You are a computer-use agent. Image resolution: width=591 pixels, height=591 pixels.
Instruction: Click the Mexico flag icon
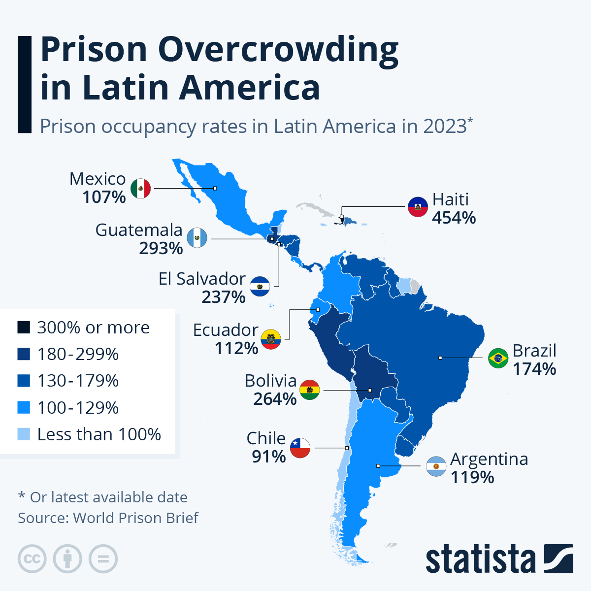[x=141, y=188]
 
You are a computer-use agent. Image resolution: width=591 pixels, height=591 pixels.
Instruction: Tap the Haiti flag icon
[x=418, y=207]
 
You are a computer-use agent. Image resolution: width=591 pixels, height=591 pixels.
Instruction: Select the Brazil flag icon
[x=498, y=358]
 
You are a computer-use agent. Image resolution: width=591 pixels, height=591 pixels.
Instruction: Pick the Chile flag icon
[x=300, y=448]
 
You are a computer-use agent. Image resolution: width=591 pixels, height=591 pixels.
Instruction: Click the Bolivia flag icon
[x=309, y=390]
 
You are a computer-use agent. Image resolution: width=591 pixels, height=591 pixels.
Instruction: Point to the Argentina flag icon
[x=436, y=466]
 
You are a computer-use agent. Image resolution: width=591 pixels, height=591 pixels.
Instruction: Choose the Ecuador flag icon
[x=270, y=339]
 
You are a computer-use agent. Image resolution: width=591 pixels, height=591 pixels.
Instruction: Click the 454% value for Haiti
[x=454, y=218]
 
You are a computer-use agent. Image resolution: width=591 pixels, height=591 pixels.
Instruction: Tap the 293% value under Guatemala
[x=161, y=248]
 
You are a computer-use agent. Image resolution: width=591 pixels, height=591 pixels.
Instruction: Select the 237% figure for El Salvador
[x=223, y=297]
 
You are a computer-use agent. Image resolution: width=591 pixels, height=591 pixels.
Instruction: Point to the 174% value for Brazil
[x=534, y=369]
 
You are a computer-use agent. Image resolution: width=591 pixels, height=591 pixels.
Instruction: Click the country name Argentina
[x=489, y=459]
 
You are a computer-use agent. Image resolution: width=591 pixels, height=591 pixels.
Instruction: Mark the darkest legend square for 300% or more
[x=24, y=328]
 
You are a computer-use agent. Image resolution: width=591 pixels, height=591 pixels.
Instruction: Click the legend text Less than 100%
[x=99, y=434]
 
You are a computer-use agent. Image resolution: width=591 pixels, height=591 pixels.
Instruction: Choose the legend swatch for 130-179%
[x=24, y=381]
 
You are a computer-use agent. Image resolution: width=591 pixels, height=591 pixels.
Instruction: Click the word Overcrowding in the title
[x=278, y=49]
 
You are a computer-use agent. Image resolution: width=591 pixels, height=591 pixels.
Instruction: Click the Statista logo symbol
[x=558, y=558]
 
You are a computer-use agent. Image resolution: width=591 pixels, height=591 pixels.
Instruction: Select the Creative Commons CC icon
[x=32, y=559]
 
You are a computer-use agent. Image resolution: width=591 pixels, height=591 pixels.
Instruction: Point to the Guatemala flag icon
[x=197, y=239]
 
